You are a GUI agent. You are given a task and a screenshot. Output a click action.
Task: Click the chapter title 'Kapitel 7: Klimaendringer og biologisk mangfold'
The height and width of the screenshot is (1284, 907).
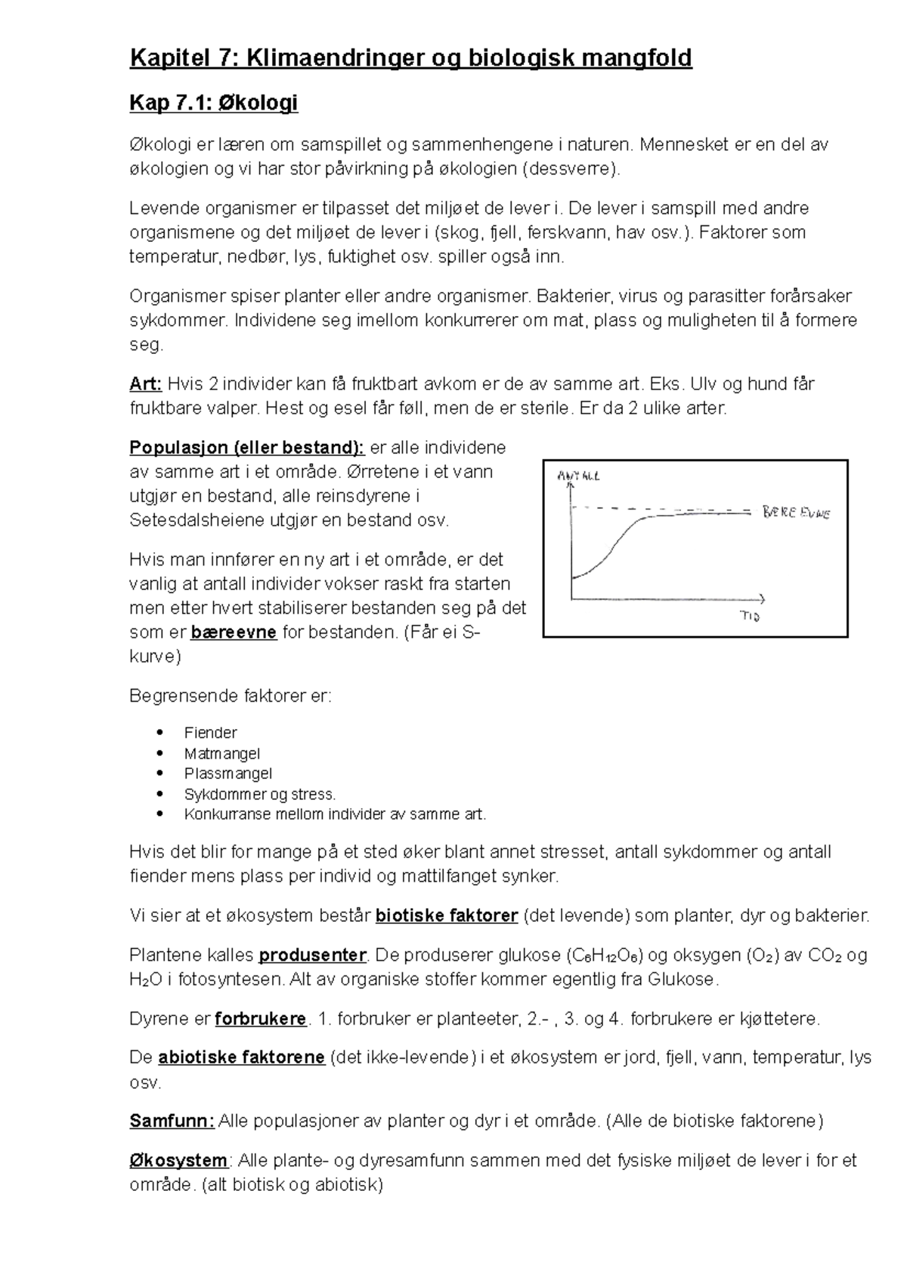coord(410,58)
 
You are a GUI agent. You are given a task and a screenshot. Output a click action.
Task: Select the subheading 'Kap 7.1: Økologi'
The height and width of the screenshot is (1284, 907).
coord(214,103)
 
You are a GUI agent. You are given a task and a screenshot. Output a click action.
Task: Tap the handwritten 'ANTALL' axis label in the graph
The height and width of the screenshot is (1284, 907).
coord(578,476)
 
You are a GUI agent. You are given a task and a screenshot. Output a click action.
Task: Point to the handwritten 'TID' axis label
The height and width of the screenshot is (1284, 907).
coord(749,616)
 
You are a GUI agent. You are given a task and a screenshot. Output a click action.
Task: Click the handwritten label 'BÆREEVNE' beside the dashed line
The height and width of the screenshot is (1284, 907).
coord(796,513)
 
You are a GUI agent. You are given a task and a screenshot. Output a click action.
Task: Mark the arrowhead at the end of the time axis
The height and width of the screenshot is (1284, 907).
coord(762,599)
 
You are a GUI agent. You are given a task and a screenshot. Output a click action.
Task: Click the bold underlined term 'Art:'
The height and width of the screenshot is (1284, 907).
coord(146,384)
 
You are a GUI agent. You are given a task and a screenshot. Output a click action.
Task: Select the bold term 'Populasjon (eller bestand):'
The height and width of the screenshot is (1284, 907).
coord(247,448)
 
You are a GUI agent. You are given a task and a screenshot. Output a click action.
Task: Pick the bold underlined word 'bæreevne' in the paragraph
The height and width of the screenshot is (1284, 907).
coord(234,632)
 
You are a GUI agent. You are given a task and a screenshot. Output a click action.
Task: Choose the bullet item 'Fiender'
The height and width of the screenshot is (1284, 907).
coord(210,733)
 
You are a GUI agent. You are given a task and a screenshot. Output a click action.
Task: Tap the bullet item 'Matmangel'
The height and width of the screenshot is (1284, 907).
coord(221,753)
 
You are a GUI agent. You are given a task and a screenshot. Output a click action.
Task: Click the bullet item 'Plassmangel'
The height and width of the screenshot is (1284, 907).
coord(228,774)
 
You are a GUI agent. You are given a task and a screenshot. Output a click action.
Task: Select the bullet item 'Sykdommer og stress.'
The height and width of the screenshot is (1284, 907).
coord(259,794)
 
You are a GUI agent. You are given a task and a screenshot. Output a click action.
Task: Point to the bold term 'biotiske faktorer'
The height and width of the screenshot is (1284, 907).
coord(447,916)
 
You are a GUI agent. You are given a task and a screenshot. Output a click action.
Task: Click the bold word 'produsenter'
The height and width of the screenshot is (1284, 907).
coord(312,955)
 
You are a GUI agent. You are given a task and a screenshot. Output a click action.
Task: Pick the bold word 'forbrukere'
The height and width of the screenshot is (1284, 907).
coord(261,1019)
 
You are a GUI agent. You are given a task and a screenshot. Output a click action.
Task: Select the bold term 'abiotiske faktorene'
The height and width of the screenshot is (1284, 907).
coord(241,1057)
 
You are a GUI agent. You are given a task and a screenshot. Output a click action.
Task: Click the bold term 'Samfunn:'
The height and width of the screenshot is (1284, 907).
coord(172,1121)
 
